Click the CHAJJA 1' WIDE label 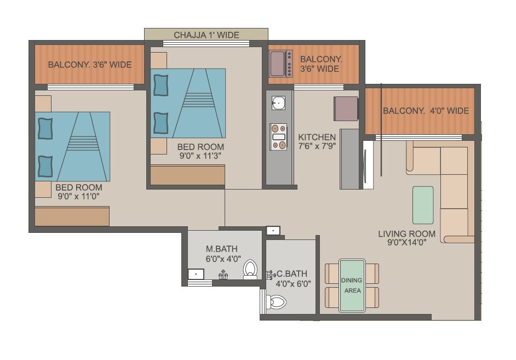207,35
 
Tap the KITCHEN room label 317,137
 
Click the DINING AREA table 352,285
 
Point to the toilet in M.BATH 250,270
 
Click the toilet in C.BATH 276,302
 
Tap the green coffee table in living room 422,205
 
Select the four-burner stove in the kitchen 279,137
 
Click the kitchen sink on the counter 279,102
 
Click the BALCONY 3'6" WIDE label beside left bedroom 90,65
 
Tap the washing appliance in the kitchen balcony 281,64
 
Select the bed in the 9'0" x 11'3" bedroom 188,103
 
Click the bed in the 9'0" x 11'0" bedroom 72,146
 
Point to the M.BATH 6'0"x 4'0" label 222,254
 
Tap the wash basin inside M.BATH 196,273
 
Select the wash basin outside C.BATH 273,231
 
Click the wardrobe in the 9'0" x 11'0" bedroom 72,216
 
